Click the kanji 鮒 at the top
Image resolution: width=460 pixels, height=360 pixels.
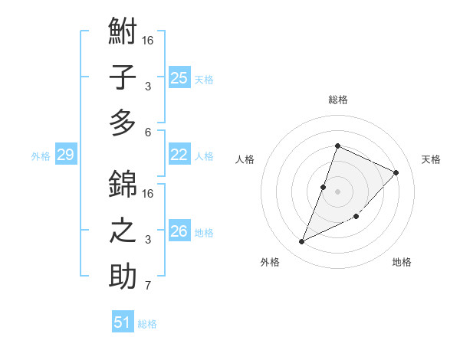click(123, 32)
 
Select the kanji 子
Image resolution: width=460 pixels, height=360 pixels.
click(123, 77)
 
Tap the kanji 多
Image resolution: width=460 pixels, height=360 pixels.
click(123, 123)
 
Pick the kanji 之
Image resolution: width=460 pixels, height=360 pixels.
click(123, 231)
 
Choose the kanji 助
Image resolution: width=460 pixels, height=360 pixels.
click(123, 276)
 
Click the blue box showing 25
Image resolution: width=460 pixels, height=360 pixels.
click(179, 77)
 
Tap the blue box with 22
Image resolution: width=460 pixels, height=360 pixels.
click(179, 155)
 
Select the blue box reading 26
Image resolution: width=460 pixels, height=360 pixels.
click(179, 231)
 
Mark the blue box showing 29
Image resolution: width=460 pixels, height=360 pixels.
click(65, 155)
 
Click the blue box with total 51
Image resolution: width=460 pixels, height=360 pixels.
click(123, 322)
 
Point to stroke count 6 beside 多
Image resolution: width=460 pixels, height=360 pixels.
click(148, 132)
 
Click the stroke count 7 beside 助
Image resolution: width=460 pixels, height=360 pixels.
click(148, 286)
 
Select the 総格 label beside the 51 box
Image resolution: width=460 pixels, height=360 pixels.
click(147, 324)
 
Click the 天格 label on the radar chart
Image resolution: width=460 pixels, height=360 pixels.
click(431, 159)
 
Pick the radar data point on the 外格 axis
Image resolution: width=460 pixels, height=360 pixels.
click(302, 242)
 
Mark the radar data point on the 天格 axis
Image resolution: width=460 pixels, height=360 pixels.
click(396, 172)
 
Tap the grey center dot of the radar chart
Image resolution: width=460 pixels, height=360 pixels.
click(337, 191)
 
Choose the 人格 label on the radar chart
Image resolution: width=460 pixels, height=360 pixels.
click(245, 159)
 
